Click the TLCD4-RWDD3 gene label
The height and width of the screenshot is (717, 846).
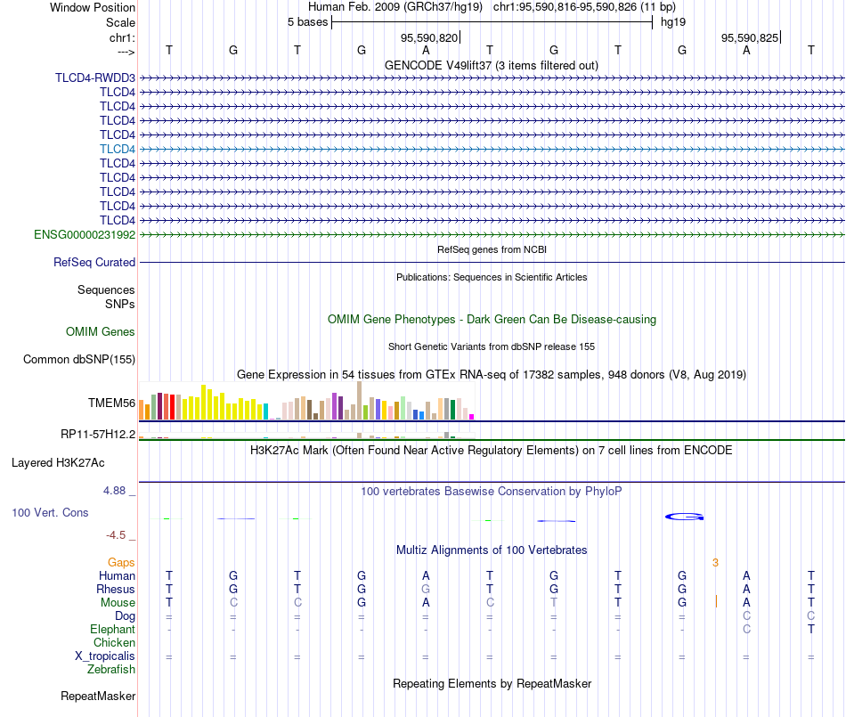tap(95, 77)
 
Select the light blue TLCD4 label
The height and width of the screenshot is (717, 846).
tap(118, 149)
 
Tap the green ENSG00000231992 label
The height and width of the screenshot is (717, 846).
tap(85, 234)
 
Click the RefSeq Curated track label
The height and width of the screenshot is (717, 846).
tap(94, 262)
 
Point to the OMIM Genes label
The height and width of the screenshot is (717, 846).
tap(101, 332)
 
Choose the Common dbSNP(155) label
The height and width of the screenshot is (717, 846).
tap(79, 359)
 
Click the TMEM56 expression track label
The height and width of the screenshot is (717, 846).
tap(111, 403)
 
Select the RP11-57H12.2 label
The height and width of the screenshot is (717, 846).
tap(98, 435)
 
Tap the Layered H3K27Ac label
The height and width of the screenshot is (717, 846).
tap(58, 463)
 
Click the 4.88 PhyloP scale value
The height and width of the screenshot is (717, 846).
tap(114, 491)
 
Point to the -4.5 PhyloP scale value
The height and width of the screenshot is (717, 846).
tap(116, 535)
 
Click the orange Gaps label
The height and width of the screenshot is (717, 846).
tap(121, 563)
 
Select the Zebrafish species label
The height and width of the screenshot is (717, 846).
tap(111, 670)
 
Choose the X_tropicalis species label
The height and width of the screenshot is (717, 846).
tap(105, 656)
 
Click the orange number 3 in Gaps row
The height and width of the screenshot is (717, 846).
tap(715, 563)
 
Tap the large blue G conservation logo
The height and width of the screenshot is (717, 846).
tap(684, 517)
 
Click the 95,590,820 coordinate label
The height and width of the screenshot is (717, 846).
tap(429, 37)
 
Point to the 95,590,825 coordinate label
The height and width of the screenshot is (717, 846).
tap(750, 37)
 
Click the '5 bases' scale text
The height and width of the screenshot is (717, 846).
tap(307, 22)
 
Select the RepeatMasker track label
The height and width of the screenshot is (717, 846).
tap(98, 697)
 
